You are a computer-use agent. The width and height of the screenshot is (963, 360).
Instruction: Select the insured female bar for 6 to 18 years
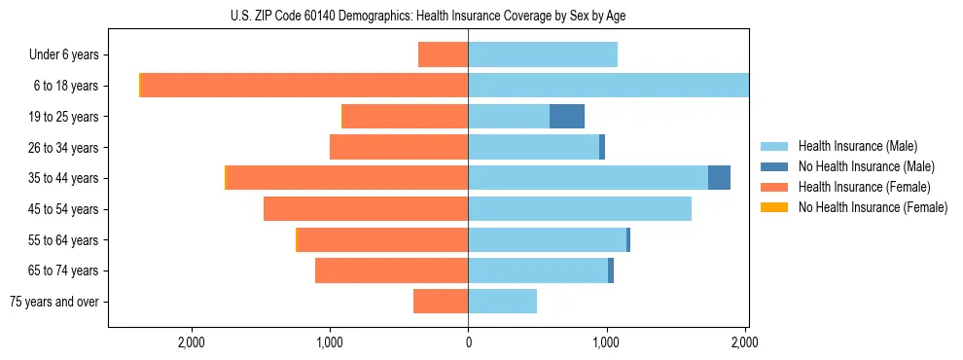pos(304,86)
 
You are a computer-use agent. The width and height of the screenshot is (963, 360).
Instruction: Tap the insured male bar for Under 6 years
pos(543,54)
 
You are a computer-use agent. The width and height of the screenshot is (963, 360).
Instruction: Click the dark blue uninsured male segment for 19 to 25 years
pos(567,117)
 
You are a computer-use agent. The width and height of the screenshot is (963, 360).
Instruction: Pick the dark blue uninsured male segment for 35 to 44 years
pos(719,178)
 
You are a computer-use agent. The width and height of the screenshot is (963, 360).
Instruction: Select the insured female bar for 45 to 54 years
pos(366,209)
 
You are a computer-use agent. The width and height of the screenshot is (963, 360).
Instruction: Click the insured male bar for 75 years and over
pos(502,302)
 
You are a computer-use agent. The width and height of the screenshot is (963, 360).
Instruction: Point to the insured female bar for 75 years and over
pos(441,302)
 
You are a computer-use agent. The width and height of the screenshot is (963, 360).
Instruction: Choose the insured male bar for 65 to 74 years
pos(538,270)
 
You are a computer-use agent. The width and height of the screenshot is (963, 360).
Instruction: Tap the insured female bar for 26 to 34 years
pos(399,147)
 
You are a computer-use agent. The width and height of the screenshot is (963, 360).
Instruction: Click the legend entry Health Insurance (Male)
pos(857,146)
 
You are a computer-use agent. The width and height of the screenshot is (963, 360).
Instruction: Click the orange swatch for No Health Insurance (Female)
pos(774,207)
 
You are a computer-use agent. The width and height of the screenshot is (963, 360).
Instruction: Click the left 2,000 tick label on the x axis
pos(192,342)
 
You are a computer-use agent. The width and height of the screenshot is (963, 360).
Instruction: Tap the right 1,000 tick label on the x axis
pos(606,342)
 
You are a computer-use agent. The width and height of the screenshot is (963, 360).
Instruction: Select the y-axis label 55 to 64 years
pos(64,240)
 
